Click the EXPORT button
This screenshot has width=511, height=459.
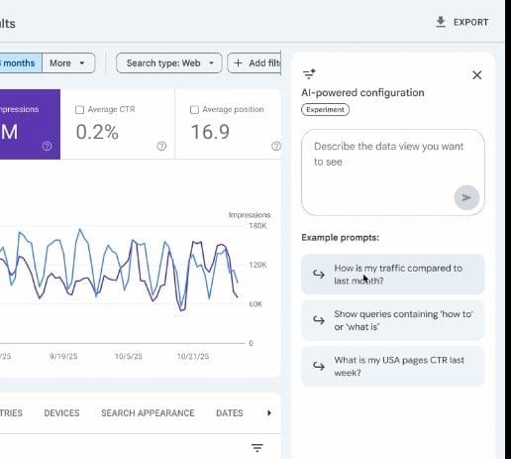pyautogui.click(x=462, y=22)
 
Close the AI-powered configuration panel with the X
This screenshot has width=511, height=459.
pyautogui.click(x=476, y=74)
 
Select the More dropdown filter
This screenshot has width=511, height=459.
pyautogui.click(x=68, y=63)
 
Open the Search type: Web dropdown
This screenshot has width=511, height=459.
pyautogui.click(x=169, y=63)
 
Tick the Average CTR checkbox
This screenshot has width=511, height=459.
pyautogui.click(x=80, y=109)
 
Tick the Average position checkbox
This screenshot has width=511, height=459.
pyautogui.click(x=194, y=109)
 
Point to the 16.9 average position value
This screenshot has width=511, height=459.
pyautogui.click(x=209, y=132)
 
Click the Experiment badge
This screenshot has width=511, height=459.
pyautogui.click(x=325, y=110)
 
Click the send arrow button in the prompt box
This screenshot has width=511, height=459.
pyautogui.click(x=465, y=197)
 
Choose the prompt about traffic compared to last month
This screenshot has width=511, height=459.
pyautogui.click(x=393, y=274)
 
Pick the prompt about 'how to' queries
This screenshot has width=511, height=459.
pyautogui.click(x=393, y=320)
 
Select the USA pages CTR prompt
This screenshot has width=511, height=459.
pyautogui.click(x=393, y=366)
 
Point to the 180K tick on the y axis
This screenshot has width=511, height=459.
pyautogui.click(x=257, y=226)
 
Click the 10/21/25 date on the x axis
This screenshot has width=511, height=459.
pyautogui.click(x=194, y=355)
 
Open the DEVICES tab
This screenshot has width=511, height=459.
pyautogui.click(x=61, y=413)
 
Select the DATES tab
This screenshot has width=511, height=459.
pyautogui.click(x=229, y=413)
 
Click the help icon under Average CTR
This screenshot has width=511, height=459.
pyautogui.click(x=161, y=146)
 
